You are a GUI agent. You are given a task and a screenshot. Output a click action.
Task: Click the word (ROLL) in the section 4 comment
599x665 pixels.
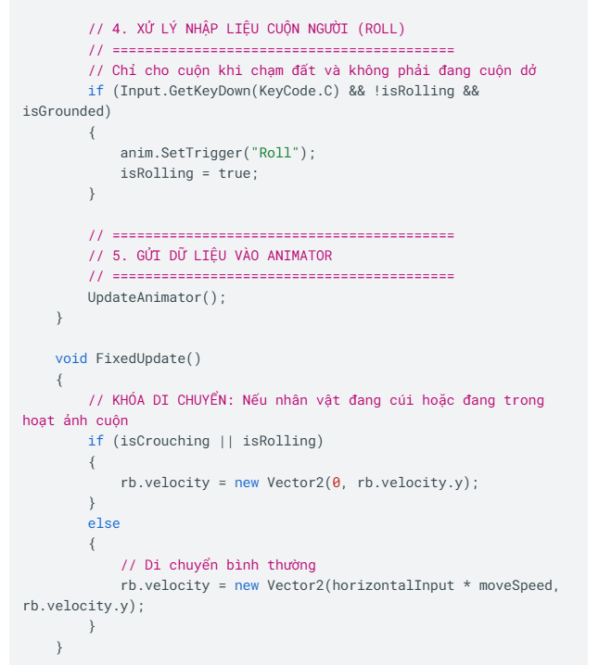click(381, 29)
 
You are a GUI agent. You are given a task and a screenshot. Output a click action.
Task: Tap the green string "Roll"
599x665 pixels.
click(275, 153)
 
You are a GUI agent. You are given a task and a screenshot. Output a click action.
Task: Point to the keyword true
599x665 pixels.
click(235, 173)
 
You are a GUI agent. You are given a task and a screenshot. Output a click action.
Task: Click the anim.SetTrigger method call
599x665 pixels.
click(181, 153)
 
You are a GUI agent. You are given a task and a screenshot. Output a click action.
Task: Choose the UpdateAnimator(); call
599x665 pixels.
click(157, 297)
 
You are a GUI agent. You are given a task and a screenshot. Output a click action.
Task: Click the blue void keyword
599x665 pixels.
click(70, 358)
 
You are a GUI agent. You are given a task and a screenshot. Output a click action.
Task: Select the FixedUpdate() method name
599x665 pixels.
click(148, 358)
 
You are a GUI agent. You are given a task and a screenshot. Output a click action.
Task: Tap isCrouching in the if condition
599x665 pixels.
click(165, 441)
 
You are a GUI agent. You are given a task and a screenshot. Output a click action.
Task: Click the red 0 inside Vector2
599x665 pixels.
click(337, 483)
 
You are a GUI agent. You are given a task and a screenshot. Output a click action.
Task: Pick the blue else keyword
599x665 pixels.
click(104, 523)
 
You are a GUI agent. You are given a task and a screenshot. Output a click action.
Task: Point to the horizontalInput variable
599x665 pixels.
click(393, 585)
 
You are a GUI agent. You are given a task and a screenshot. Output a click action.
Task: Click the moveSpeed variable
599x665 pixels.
click(516, 585)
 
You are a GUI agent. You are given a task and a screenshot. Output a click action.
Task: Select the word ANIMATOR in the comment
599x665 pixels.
click(299, 256)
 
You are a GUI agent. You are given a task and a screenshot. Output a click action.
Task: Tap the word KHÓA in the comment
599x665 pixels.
click(128, 399)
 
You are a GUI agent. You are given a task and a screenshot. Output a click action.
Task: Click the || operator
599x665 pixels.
click(226, 441)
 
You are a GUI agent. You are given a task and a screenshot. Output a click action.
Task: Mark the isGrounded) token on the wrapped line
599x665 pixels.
click(67, 111)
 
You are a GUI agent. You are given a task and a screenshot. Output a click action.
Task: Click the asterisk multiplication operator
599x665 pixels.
click(466, 584)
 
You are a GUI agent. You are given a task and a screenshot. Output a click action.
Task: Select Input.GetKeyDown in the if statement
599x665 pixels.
click(185, 91)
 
